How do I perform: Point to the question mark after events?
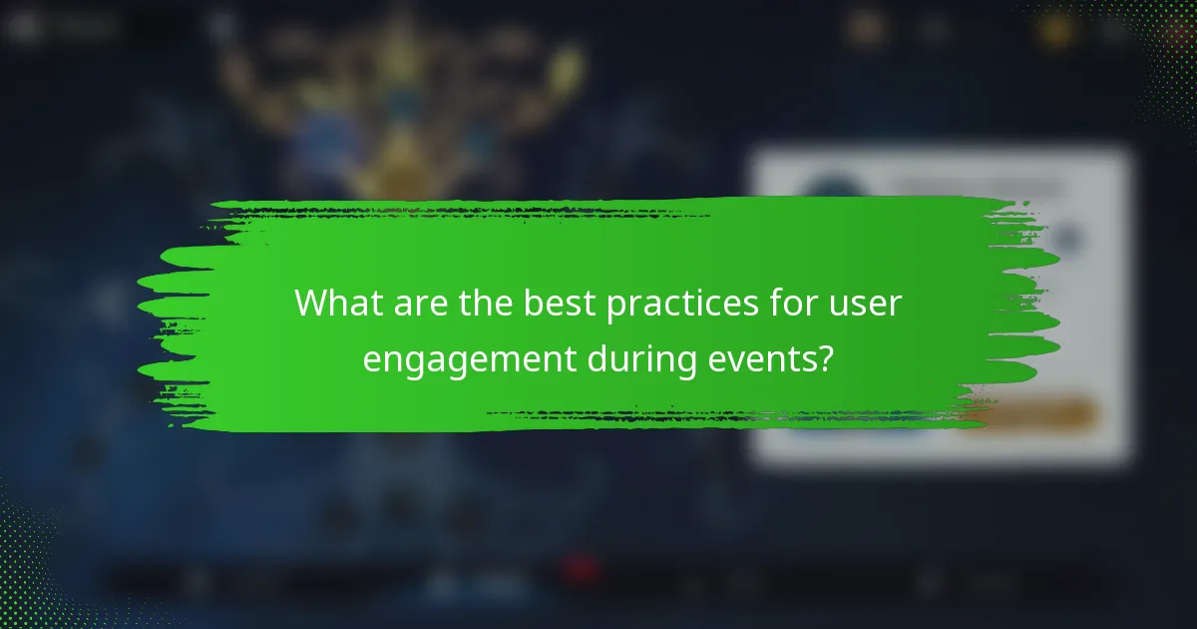pyautogui.click(x=825, y=358)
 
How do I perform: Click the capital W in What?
pyautogui.click(x=311, y=304)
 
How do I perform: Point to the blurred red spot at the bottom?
pyautogui.click(x=579, y=569)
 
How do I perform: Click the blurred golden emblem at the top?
pyautogui.click(x=399, y=90)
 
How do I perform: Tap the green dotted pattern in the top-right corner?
pyautogui.click(x=1147, y=40)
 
